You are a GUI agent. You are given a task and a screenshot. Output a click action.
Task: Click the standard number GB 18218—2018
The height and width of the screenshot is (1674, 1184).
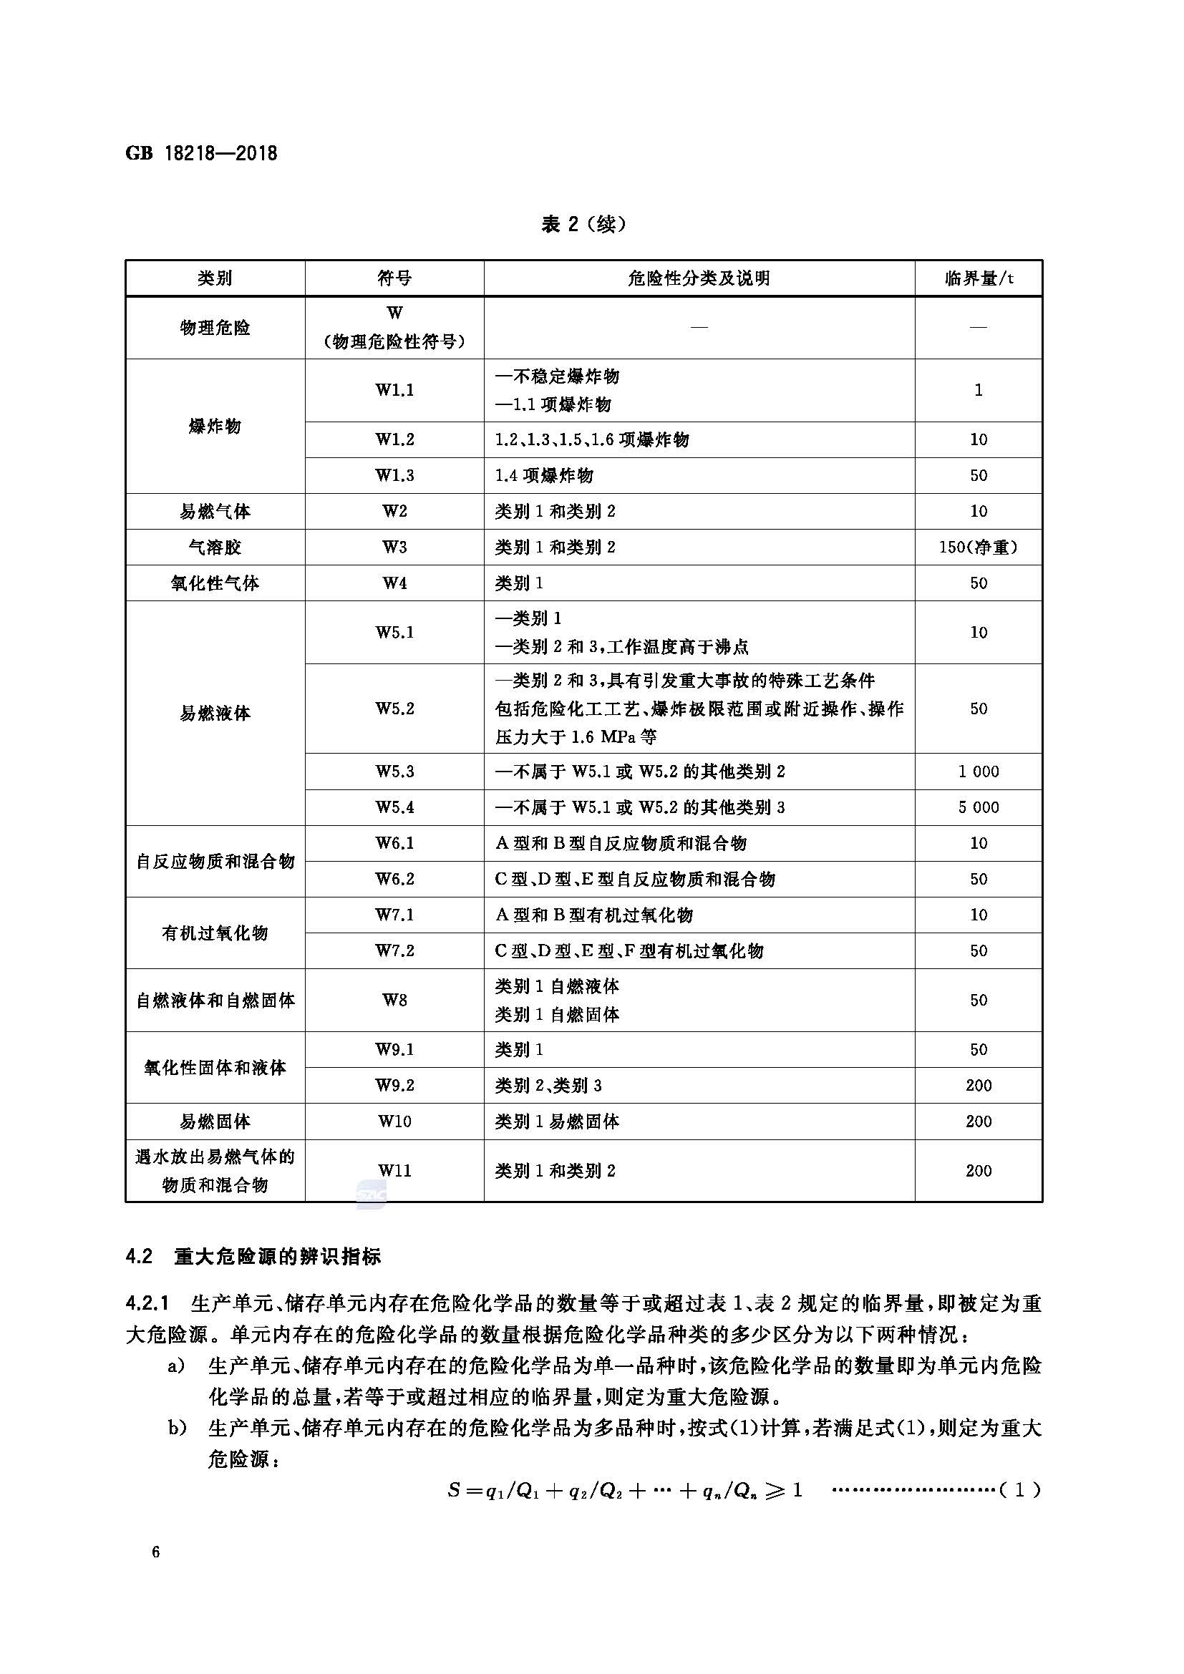pos(201,153)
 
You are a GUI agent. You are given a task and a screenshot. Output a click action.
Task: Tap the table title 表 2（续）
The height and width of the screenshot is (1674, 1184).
pos(583,224)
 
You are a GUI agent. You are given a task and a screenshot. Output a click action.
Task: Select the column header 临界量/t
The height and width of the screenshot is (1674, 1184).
pos(979,278)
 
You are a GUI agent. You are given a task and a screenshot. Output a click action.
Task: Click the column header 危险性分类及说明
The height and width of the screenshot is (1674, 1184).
pos(699,278)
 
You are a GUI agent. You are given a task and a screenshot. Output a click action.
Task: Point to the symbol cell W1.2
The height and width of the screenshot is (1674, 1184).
pos(394,439)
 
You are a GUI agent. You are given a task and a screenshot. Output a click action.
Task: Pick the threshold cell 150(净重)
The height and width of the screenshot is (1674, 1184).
pos(979,547)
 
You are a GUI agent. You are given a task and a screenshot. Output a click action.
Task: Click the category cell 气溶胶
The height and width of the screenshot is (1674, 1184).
pos(214,547)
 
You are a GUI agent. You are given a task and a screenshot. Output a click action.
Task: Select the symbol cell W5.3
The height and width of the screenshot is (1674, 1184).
pos(394,771)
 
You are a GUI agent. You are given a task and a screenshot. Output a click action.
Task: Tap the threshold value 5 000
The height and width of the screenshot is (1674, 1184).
pos(979,807)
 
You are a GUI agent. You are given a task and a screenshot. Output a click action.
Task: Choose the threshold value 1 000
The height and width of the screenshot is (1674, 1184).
pos(979,771)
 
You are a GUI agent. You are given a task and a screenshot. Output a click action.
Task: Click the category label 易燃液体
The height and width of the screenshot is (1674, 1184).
pos(214,713)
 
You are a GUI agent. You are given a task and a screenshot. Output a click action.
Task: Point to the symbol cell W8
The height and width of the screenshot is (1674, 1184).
pos(394,1000)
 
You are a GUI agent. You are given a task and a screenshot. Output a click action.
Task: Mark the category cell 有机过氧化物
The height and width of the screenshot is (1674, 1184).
pos(214,933)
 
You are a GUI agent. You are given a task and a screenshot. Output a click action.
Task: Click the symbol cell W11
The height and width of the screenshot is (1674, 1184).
pos(394,1170)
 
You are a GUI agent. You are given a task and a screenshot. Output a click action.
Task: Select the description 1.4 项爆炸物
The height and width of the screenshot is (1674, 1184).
pos(544,475)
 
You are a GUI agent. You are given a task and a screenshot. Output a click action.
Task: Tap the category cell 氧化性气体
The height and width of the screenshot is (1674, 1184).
pos(214,583)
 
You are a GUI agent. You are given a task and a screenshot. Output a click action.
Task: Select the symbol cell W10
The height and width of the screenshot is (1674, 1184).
pos(394,1121)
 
